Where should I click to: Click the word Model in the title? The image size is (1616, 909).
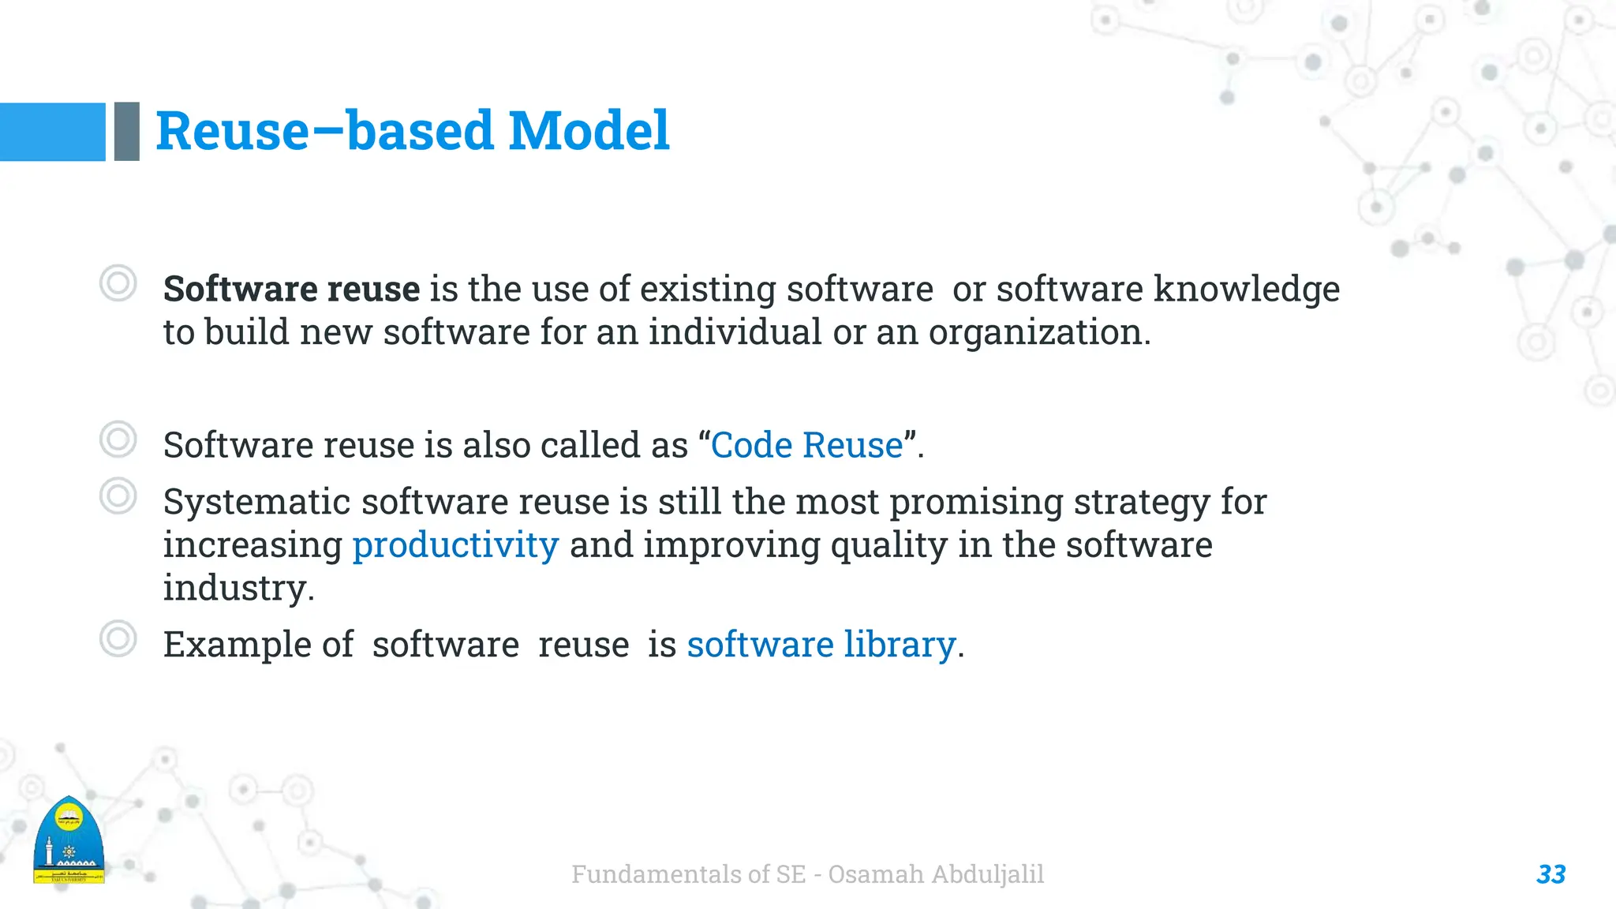(x=589, y=131)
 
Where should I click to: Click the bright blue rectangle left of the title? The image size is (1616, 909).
(x=52, y=132)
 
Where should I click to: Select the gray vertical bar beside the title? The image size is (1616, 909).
(x=127, y=132)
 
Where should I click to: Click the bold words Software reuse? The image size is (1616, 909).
(x=291, y=289)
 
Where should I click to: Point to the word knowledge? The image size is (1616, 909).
(x=1246, y=289)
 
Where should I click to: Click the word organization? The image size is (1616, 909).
(x=1038, y=332)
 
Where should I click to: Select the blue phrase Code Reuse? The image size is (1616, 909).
(x=806, y=445)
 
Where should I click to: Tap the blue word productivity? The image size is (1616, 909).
(x=455, y=544)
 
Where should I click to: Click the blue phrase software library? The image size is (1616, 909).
(x=821, y=644)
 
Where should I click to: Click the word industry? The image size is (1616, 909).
(x=238, y=588)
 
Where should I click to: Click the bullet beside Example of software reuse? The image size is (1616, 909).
(x=118, y=638)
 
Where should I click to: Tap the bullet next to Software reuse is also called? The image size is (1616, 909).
(x=118, y=440)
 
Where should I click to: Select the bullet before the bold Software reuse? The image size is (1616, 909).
(x=118, y=282)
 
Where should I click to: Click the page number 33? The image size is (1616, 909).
(x=1551, y=874)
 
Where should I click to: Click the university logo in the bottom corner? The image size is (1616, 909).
(x=69, y=841)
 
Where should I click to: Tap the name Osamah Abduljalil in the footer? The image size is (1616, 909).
(x=936, y=874)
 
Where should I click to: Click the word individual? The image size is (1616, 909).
(x=735, y=332)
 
